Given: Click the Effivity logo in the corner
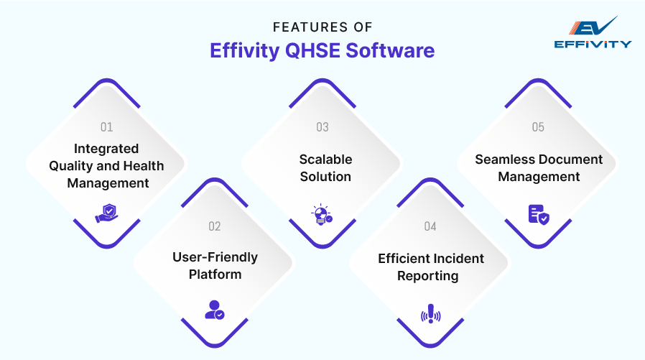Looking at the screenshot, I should coord(593,32).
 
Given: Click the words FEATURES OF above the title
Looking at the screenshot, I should coord(322,27).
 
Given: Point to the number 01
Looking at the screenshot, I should coord(107,127).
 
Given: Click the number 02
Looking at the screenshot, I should coord(215,226).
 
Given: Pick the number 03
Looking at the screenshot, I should coord(322,127).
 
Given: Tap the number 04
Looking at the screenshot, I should coord(430,226).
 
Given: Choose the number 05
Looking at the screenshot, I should coord(538,127).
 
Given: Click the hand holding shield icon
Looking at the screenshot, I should coord(107,213).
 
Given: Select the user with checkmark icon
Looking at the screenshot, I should coord(214,310).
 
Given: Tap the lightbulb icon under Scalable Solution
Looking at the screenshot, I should coord(322,214).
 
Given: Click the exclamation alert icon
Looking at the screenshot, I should coord(430,314).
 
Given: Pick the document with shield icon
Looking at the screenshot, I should coord(538,213).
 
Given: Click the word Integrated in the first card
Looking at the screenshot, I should coord(106,149).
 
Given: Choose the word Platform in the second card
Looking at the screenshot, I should coord(215,274).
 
